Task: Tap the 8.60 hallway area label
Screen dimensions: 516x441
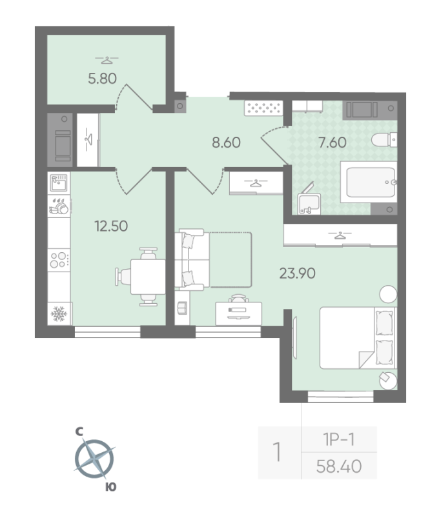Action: [226, 142]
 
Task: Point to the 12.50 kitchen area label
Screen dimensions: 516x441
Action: [110, 226]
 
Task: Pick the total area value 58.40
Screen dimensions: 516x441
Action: [340, 464]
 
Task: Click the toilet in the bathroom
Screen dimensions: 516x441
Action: [388, 138]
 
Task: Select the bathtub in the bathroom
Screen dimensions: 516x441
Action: [369, 183]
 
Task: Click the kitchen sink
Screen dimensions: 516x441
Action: [60, 183]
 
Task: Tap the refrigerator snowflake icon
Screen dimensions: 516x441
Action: [60, 313]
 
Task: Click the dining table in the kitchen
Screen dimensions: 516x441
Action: [148, 277]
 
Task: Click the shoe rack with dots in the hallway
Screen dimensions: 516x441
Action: [263, 108]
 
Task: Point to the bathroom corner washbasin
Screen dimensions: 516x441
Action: [309, 203]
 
